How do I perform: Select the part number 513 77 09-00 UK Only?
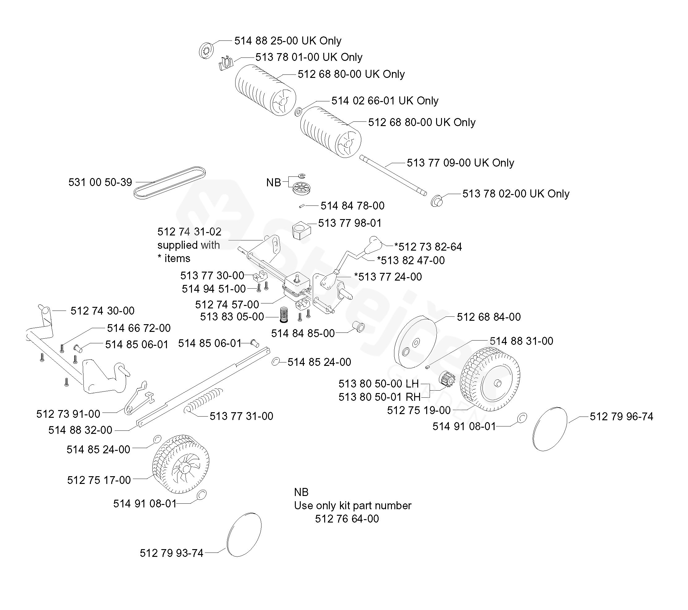(460, 163)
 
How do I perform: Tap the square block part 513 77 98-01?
(301, 230)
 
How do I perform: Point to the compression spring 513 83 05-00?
(284, 314)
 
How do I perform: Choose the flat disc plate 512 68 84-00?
(415, 342)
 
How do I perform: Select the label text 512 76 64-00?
(347, 519)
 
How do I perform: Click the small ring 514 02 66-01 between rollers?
(298, 111)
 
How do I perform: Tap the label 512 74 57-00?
(227, 304)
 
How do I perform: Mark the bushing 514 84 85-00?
(359, 326)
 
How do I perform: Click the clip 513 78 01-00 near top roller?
(226, 63)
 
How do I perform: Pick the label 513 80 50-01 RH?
(379, 397)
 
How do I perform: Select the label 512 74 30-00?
(102, 311)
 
